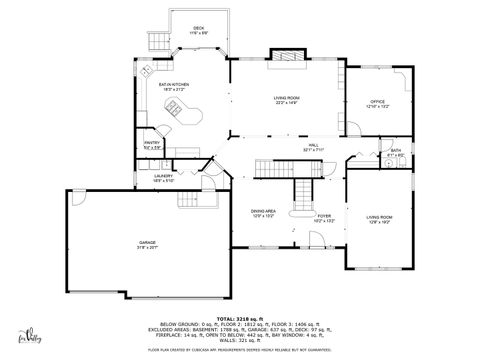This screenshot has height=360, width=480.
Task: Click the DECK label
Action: coord(199,28)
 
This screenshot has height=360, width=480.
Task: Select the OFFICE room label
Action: coord(377,101)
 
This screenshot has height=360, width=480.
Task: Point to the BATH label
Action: coord(396,150)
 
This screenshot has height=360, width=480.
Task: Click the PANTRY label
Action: coord(152,143)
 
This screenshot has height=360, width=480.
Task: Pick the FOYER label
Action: coord(324,215)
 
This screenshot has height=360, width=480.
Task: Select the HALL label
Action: coord(313,145)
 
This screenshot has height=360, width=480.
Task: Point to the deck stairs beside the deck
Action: coord(157,41)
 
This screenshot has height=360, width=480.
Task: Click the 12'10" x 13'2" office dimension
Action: coord(377,106)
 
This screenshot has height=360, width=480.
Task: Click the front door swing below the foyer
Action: coord(315,238)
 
